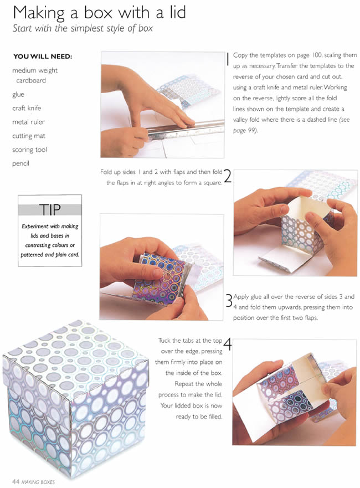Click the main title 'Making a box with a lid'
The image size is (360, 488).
pos(99,12)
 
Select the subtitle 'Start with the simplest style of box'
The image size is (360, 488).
pos(83,28)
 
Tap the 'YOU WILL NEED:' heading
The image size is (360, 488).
pos(43,56)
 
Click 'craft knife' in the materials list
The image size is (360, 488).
pos(27,108)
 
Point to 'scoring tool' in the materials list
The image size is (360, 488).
pos(29,150)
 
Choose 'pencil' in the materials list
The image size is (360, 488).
pos(20,163)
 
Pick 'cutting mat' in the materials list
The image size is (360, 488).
pos(29,136)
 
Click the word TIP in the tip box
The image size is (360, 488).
pos(50,210)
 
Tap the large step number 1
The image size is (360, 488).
pos(228,59)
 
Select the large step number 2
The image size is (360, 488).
pos(228,176)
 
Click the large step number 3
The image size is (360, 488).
pos(229,301)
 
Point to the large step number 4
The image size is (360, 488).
pos(228,345)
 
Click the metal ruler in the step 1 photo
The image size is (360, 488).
pos(186,130)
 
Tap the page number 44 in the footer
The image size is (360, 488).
pos(16,481)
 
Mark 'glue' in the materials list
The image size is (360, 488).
pos(18,94)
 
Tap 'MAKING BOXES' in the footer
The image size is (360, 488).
pos(38,482)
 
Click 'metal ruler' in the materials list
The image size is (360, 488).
pos(29,122)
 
